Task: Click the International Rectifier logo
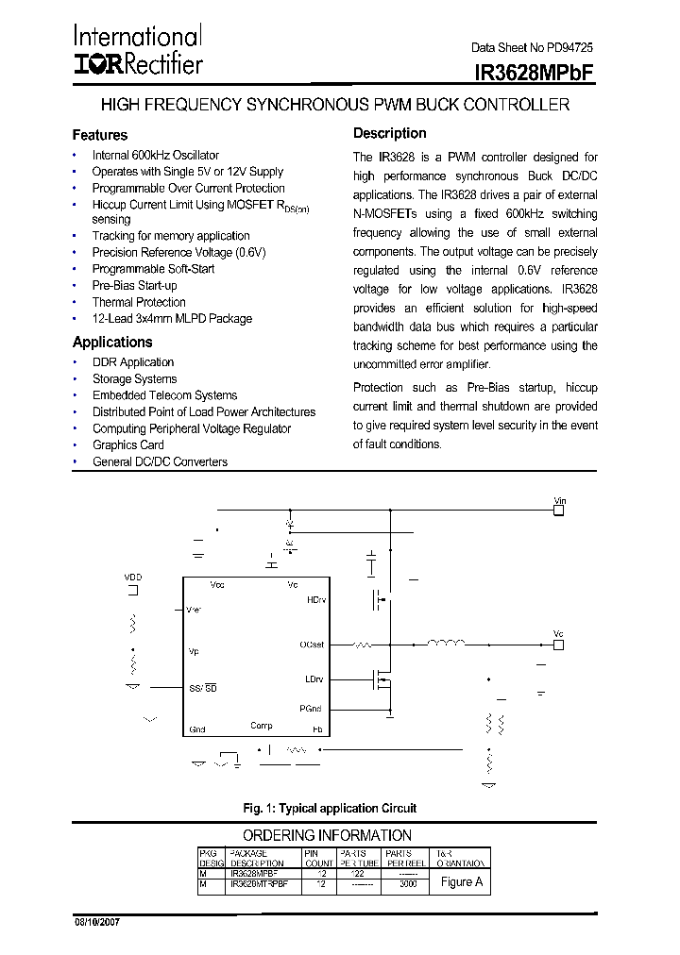click(x=137, y=50)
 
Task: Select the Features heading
click(x=99, y=135)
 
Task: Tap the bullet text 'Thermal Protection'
click(x=138, y=302)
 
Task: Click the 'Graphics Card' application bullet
click(x=127, y=444)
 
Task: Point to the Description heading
click(x=389, y=133)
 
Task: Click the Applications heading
click(x=112, y=343)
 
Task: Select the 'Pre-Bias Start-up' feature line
click(x=134, y=285)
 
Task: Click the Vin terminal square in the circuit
click(x=558, y=510)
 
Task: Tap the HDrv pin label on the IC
click(x=315, y=599)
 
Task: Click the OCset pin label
click(x=312, y=645)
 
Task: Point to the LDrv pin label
click(x=314, y=679)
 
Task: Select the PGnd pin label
click(x=312, y=707)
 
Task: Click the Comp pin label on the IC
click(x=262, y=726)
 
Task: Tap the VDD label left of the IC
click(x=133, y=577)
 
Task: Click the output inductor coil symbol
click(x=446, y=645)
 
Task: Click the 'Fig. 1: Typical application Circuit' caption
click(x=330, y=808)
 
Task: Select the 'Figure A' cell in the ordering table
click(x=462, y=881)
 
